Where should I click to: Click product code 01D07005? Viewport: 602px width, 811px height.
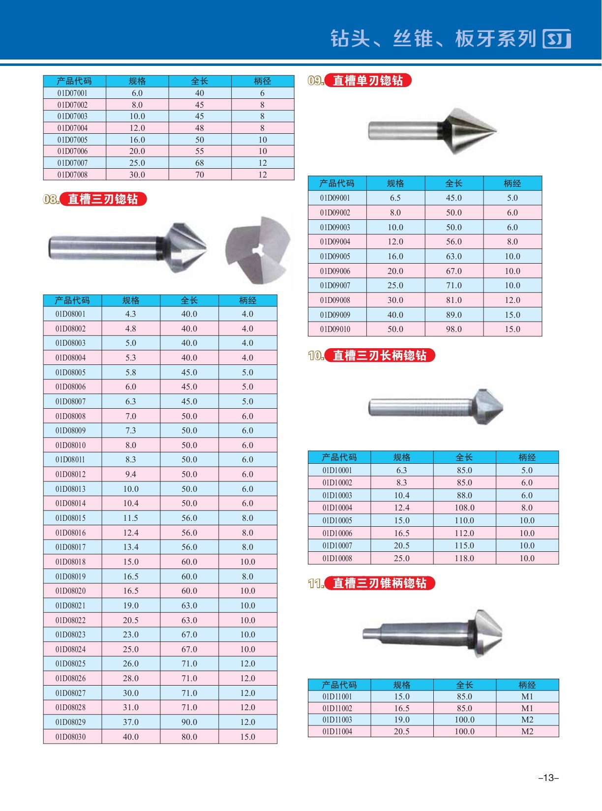[x=72, y=140]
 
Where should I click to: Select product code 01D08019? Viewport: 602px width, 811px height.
[x=70, y=576]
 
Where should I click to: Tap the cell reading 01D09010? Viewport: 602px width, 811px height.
[x=335, y=329]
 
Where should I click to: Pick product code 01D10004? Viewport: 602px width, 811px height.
[x=337, y=508]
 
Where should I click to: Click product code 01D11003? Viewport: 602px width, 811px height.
[x=337, y=720]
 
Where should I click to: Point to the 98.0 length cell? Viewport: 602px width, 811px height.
[x=454, y=329]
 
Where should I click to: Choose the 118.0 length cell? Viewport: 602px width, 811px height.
[x=464, y=558]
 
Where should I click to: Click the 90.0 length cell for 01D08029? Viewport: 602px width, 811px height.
[x=189, y=722]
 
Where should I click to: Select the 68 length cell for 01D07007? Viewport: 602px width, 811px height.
[x=200, y=163]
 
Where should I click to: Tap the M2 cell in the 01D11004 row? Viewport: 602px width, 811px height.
[x=527, y=731]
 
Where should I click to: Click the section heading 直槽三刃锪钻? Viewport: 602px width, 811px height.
[x=103, y=199]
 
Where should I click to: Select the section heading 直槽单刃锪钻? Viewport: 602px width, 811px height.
[x=368, y=81]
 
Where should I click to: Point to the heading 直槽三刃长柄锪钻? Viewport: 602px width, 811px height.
[x=380, y=356]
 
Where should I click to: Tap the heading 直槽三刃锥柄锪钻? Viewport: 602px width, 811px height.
[x=380, y=583]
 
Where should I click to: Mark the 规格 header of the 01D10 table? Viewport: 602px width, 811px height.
[x=402, y=457]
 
